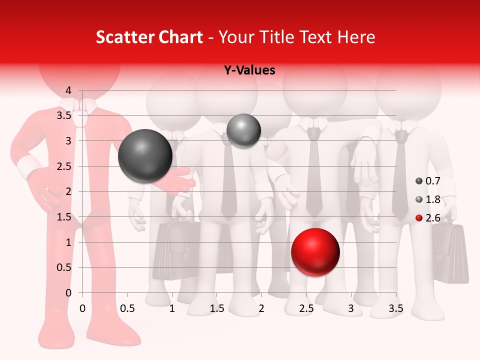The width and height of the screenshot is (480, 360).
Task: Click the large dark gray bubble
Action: pyautogui.click(x=145, y=156)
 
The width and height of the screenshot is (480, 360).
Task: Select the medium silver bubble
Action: pyautogui.click(x=243, y=130)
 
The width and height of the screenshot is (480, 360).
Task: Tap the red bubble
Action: pyautogui.click(x=315, y=252)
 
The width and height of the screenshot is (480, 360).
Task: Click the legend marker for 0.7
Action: pyautogui.click(x=419, y=181)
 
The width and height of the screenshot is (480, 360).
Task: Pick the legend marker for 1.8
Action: pyautogui.click(x=419, y=199)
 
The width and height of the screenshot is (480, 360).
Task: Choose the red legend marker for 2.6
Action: pyautogui.click(x=419, y=217)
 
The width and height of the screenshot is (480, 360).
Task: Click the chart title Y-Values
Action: pyautogui.click(x=249, y=70)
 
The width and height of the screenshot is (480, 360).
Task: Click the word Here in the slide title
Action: pyautogui.click(x=355, y=37)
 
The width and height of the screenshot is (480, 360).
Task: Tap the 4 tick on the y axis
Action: pyautogui.click(x=68, y=90)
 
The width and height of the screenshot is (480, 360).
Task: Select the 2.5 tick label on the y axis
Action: pyautogui.click(x=64, y=166)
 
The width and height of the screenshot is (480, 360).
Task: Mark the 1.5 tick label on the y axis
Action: pyautogui.click(x=64, y=217)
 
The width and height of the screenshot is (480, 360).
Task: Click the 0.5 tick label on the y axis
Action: pyautogui.click(x=64, y=267)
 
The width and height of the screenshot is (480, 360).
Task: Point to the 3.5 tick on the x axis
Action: pyautogui.click(x=395, y=309)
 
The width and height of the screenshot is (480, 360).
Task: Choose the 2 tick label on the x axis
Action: pyautogui.click(x=261, y=309)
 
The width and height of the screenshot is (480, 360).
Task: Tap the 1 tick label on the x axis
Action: pyautogui.click(x=172, y=309)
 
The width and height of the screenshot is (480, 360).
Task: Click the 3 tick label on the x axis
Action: pyautogui.click(x=350, y=309)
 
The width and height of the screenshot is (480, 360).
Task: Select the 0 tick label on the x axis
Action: pyautogui.click(x=82, y=309)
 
